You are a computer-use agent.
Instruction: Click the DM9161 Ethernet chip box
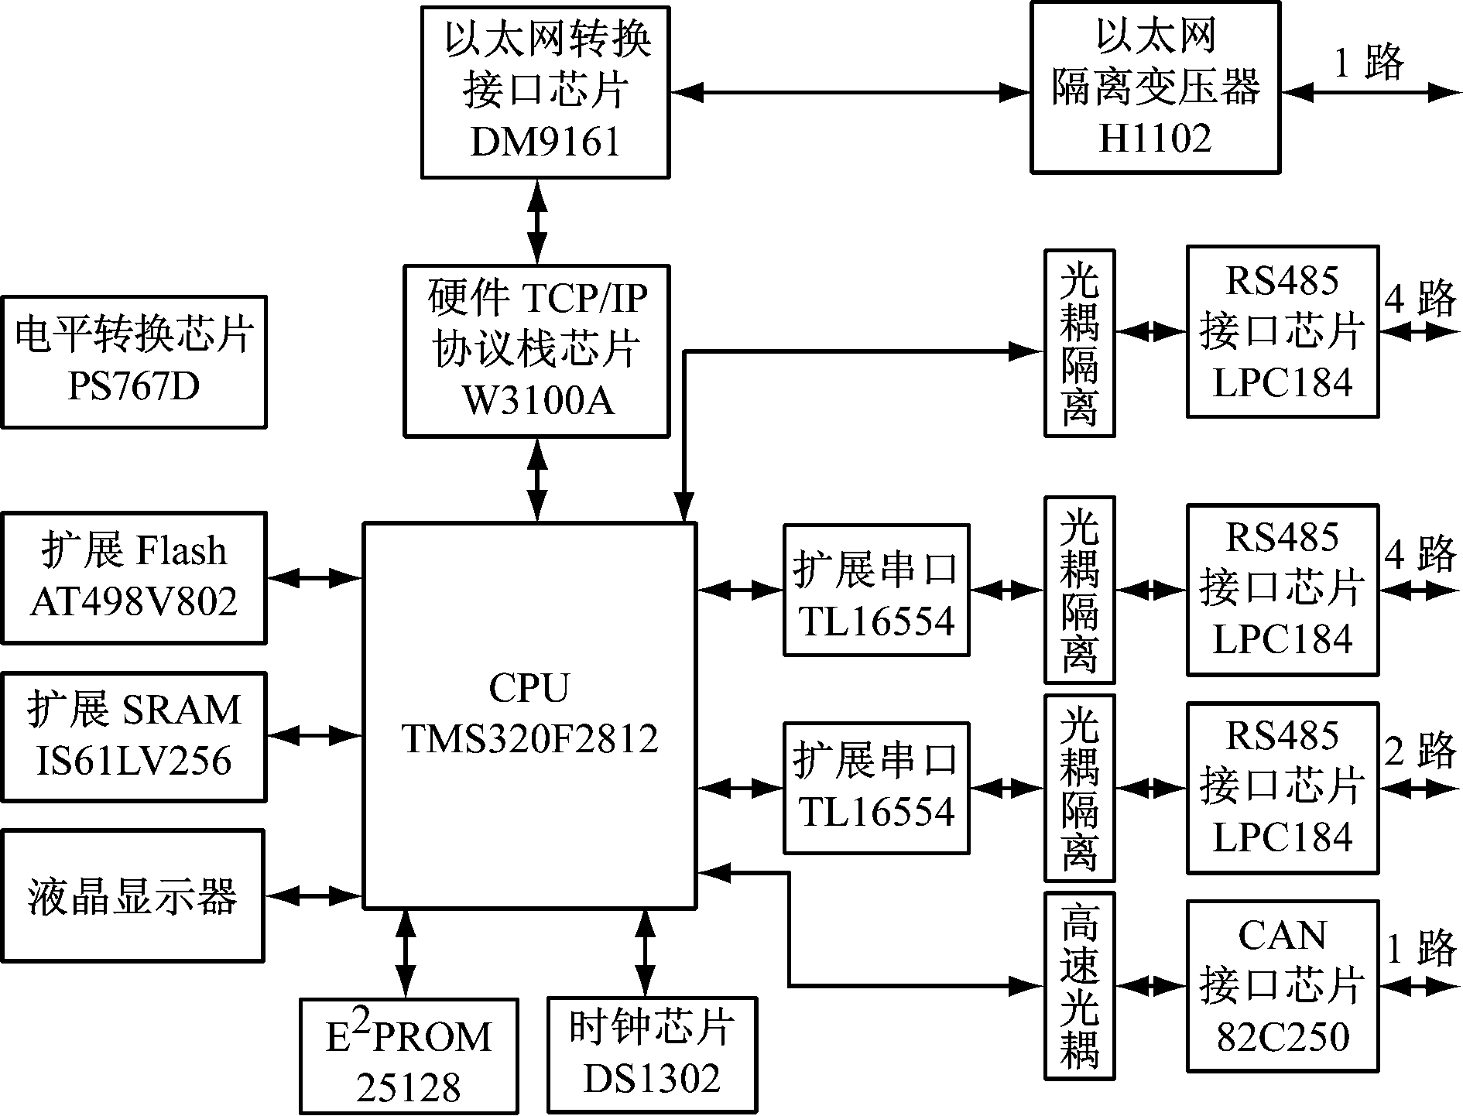pyautogui.click(x=545, y=92)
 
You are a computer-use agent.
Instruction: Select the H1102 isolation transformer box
pyautogui.click(x=1155, y=87)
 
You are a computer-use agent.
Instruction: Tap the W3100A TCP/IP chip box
pyautogui.click(x=536, y=351)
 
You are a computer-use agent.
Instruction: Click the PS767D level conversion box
pyautogui.click(x=134, y=361)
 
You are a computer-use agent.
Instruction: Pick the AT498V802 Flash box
pyautogui.click(x=134, y=577)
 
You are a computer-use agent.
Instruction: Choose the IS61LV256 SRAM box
pyautogui.click(x=134, y=737)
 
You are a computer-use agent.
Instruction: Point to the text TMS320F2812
pyautogui.click(x=529, y=739)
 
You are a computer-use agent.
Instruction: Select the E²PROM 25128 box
pyautogui.click(x=409, y=1056)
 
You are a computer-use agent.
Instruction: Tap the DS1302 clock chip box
pyautogui.click(x=652, y=1056)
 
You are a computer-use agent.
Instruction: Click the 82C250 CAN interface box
pyautogui.click(x=1283, y=985)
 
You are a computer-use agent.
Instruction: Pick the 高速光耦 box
pyautogui.click(x=1079, y=985)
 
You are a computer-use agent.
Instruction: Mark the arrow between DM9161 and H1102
pyautogui.click(x=850, y=93)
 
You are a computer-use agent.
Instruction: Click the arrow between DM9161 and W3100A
pyautogui.click(x=536, y=221)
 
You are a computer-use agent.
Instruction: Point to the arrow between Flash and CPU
pyautogui.click(x=314, y=577)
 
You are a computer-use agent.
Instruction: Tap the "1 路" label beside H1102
pyautogui.click(x=1369, y=62)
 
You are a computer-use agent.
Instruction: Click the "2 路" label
pyautogui.click(x=1420, y=751)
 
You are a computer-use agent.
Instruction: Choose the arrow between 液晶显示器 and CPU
pyautogui.click(x=314, y=896)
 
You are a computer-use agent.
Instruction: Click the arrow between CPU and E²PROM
pyautogui.click(x=405, y=953)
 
